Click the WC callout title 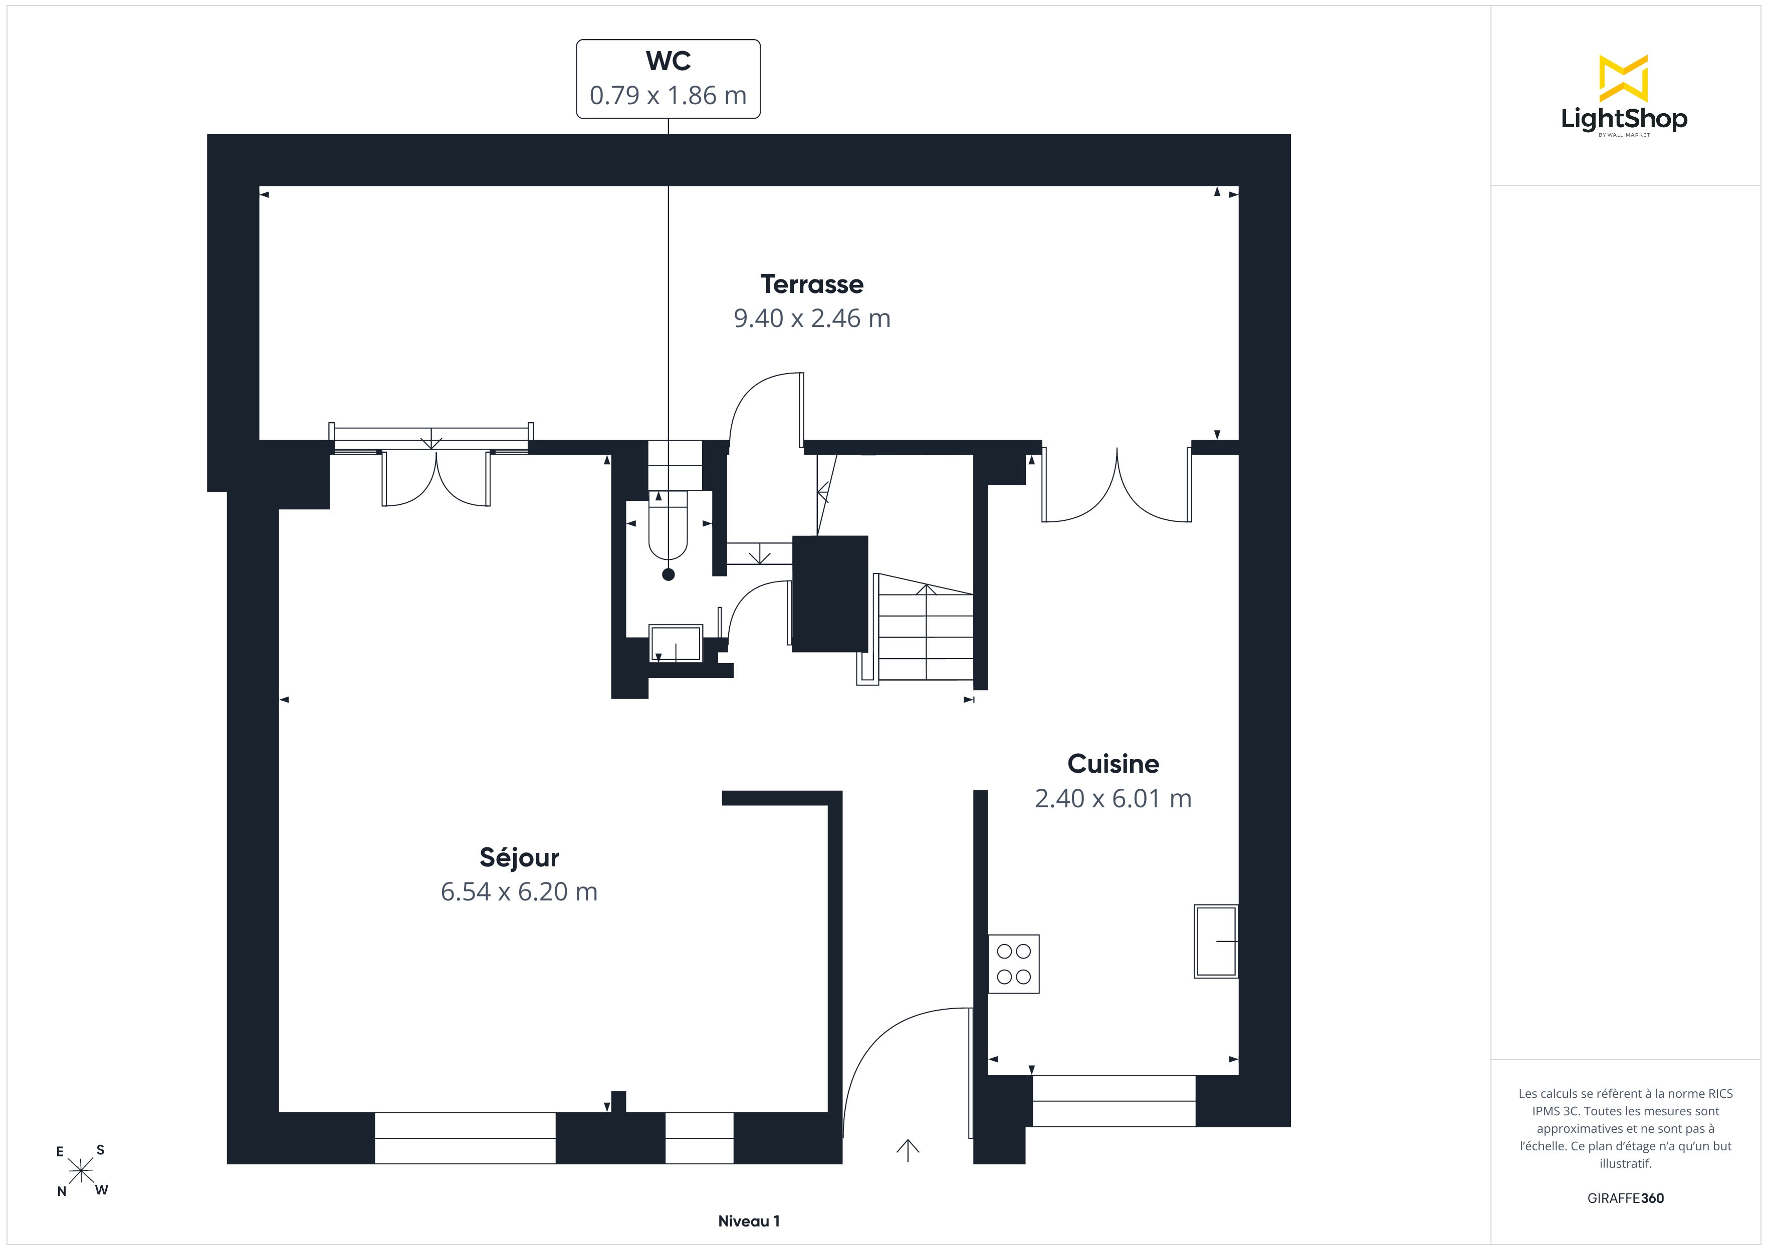tap(668, 61)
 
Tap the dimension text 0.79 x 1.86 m tap(668, 96)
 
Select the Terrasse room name tap(812, 284)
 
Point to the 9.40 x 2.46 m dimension tap(812, 318)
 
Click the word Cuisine tap(1113, 764)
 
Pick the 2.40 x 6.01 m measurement tap(1113, 798)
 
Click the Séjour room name tap(519, 857)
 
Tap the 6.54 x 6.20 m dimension tap(519, 891)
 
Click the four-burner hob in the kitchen tap(1013, 964)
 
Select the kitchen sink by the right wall tap(1216, 941)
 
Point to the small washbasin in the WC tap(676, 643)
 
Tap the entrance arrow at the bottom tap(908, 1150)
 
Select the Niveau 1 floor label tap(749, 1221)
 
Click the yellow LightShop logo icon tap(1623, 79)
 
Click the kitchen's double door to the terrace tap(1117, 485)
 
